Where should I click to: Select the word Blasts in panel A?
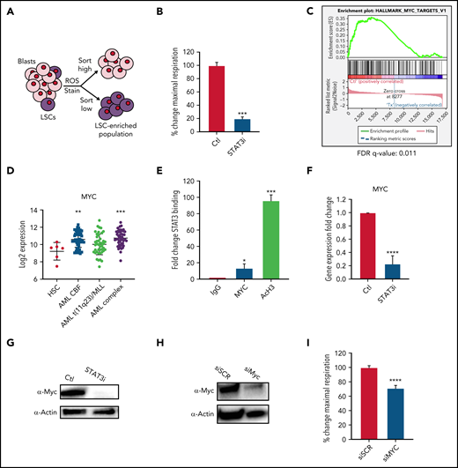26,63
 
